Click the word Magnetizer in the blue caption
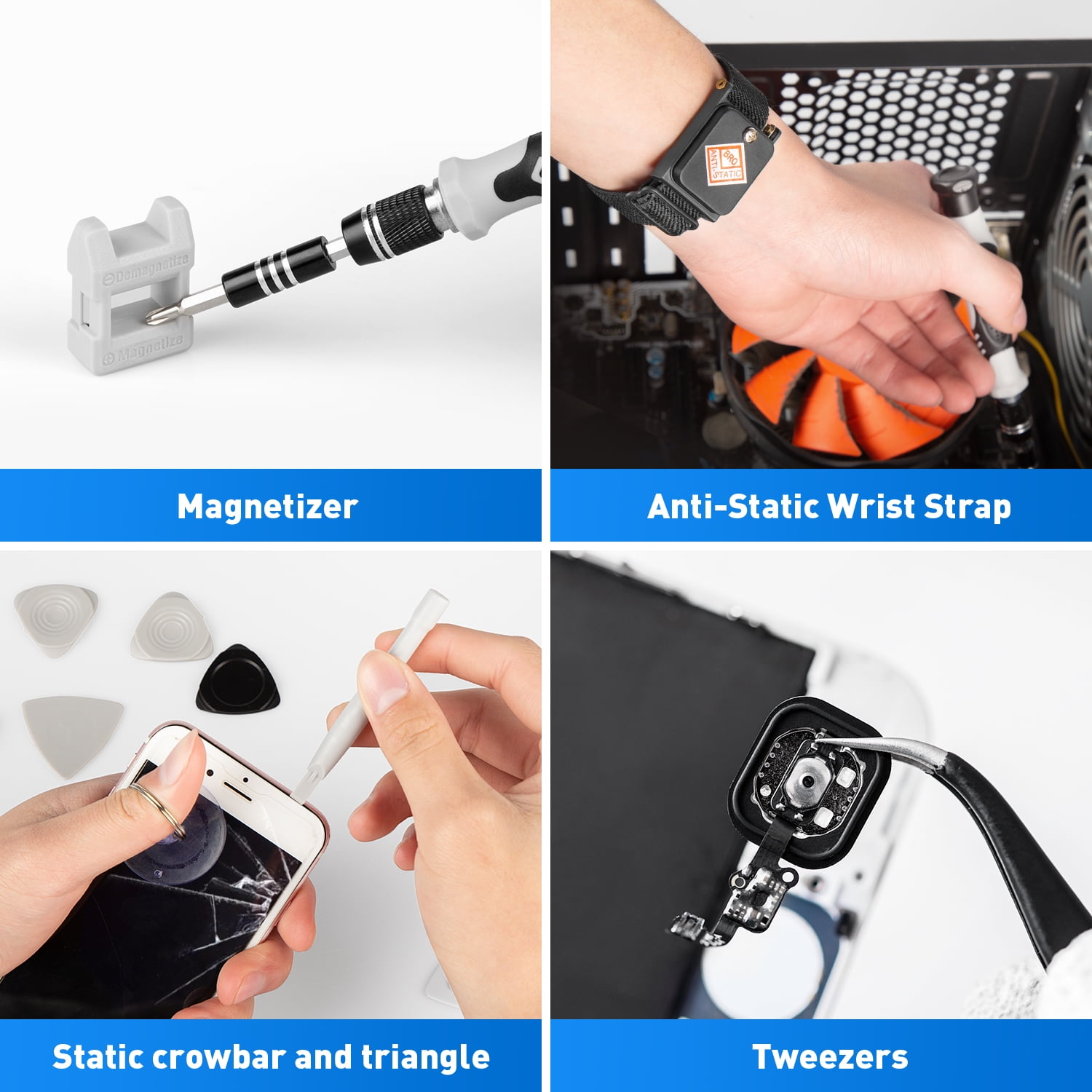pos(267,507)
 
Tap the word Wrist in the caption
pos(872,507)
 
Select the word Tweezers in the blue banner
pos(830,1057)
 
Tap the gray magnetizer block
pos(130,286)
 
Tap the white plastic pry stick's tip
pos(300,788)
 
